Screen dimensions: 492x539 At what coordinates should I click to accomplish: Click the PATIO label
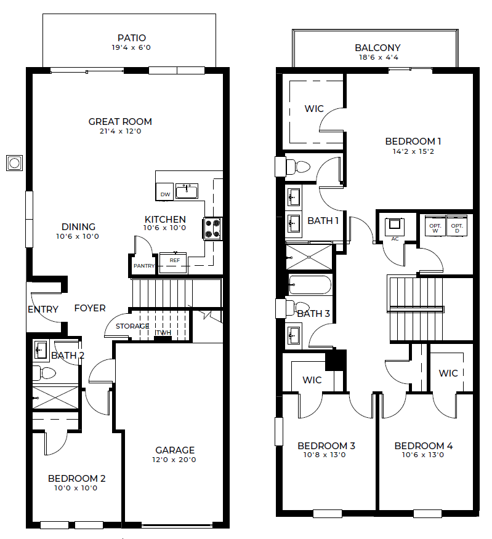[131, 38]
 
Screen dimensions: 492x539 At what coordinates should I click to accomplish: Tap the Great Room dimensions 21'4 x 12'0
[121, 131]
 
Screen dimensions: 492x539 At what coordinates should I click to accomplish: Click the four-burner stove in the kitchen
[212, 228]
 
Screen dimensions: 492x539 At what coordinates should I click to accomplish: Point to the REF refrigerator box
[174, 263]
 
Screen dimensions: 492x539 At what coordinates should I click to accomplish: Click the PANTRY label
[144, 266]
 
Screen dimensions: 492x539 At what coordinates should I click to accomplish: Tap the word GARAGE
[175, 450]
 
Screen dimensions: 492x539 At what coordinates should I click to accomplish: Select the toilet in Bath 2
[44, 373]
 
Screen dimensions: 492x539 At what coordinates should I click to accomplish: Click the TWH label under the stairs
[163, 332]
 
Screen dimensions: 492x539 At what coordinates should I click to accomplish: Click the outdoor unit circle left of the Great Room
[14, 163]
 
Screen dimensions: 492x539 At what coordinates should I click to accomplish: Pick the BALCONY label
[377, 48]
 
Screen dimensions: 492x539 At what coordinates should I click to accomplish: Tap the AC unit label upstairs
[395, 239]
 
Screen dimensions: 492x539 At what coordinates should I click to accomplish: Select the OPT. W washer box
[435, 226]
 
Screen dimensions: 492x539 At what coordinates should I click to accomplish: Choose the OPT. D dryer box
[457, 226]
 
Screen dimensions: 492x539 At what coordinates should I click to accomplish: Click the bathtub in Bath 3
[310, 285]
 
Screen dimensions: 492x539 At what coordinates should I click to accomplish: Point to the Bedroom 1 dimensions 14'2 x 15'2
[413, 151]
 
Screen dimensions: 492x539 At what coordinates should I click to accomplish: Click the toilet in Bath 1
[298, 167]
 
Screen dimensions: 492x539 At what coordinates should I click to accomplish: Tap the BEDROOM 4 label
[424, 446]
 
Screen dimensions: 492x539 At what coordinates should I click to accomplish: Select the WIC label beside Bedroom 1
[314, 109]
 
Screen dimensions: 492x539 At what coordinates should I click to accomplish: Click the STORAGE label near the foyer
[132, 326]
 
